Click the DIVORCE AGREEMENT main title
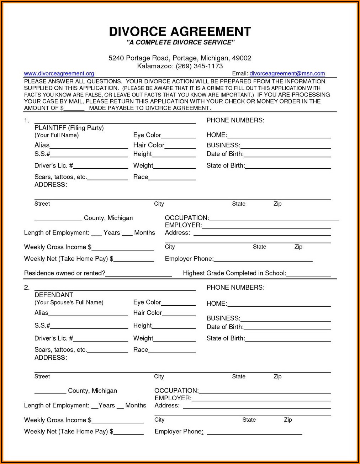(180, 32)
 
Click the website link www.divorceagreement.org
(59, 73)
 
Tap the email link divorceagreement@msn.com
(287, 73)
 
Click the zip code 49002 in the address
(242, 58)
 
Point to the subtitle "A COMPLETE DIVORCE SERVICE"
(180, 43)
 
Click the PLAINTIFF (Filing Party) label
(69, 128)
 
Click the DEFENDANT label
(54, 295)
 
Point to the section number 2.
(27, 288)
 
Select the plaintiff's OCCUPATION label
(186, 218)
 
